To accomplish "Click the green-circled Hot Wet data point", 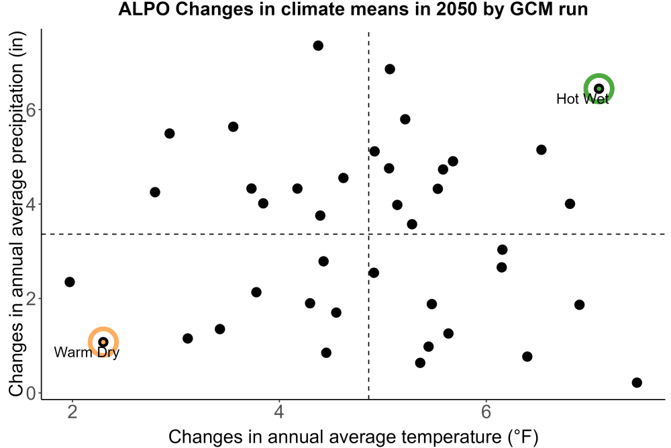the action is (x=599, y=89).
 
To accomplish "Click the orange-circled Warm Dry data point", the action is (x=103, y=342).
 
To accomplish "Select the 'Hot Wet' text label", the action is (x=582, y=99).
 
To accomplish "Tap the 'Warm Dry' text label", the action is (x=87, y=353).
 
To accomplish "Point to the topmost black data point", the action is (x=318, y=46).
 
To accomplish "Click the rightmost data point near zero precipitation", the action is (x=637, y=382).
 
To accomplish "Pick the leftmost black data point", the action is (x=70, y=282).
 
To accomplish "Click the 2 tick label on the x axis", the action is (x=72, y=412).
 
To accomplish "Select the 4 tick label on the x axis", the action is (x=279, y=412).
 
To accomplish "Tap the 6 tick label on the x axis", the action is (x=486, y=412).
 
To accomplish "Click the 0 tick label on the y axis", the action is (x=32, y=393).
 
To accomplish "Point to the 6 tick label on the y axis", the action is (x=32, y=109).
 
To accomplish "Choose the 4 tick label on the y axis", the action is (x=32, y=204).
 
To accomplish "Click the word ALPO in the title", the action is (x=145, y=9).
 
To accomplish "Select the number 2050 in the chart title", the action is (x=456, y=9).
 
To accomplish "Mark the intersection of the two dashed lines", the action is (x=369, y=234).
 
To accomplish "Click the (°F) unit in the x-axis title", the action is (x=523, y=437).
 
